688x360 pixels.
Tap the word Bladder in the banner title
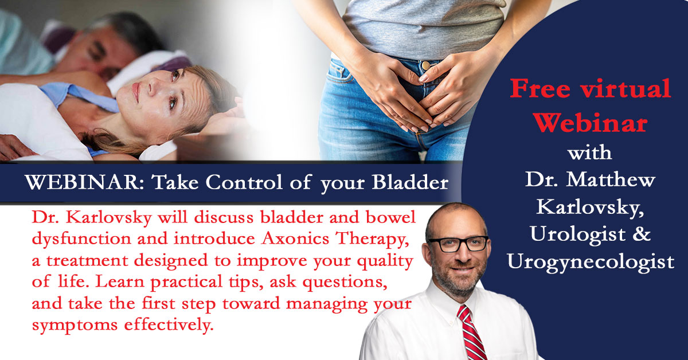coord(411,182)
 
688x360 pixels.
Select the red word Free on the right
coord(541,88)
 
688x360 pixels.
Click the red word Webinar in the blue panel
coord(590,123)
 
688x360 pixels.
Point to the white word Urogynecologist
coord(591,263)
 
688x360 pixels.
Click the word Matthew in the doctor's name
coord(611,179)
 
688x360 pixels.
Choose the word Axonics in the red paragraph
coord(295,238)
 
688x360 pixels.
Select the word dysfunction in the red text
coord(82,238)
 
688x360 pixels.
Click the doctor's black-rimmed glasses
coord(458,244)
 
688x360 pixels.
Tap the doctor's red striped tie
coord(471,333)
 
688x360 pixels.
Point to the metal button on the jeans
coord(425,65)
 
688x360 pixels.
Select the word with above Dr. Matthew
coord(590,152)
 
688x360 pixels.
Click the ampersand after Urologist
coord(641,234)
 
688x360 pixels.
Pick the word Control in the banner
coord(244,182)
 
